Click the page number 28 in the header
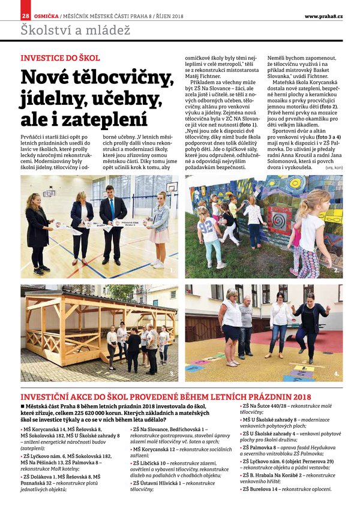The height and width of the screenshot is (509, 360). pyautogui.click(x=25, y=15)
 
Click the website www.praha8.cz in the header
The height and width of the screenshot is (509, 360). pyautogui.click(x=323, y=16)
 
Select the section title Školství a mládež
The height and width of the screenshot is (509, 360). pyautogui.click(x=75, y=29)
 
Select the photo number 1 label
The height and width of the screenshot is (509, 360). pyautogui.click(x=173, y=271)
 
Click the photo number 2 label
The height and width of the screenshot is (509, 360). pyautogui.click(x=337, y=270)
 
